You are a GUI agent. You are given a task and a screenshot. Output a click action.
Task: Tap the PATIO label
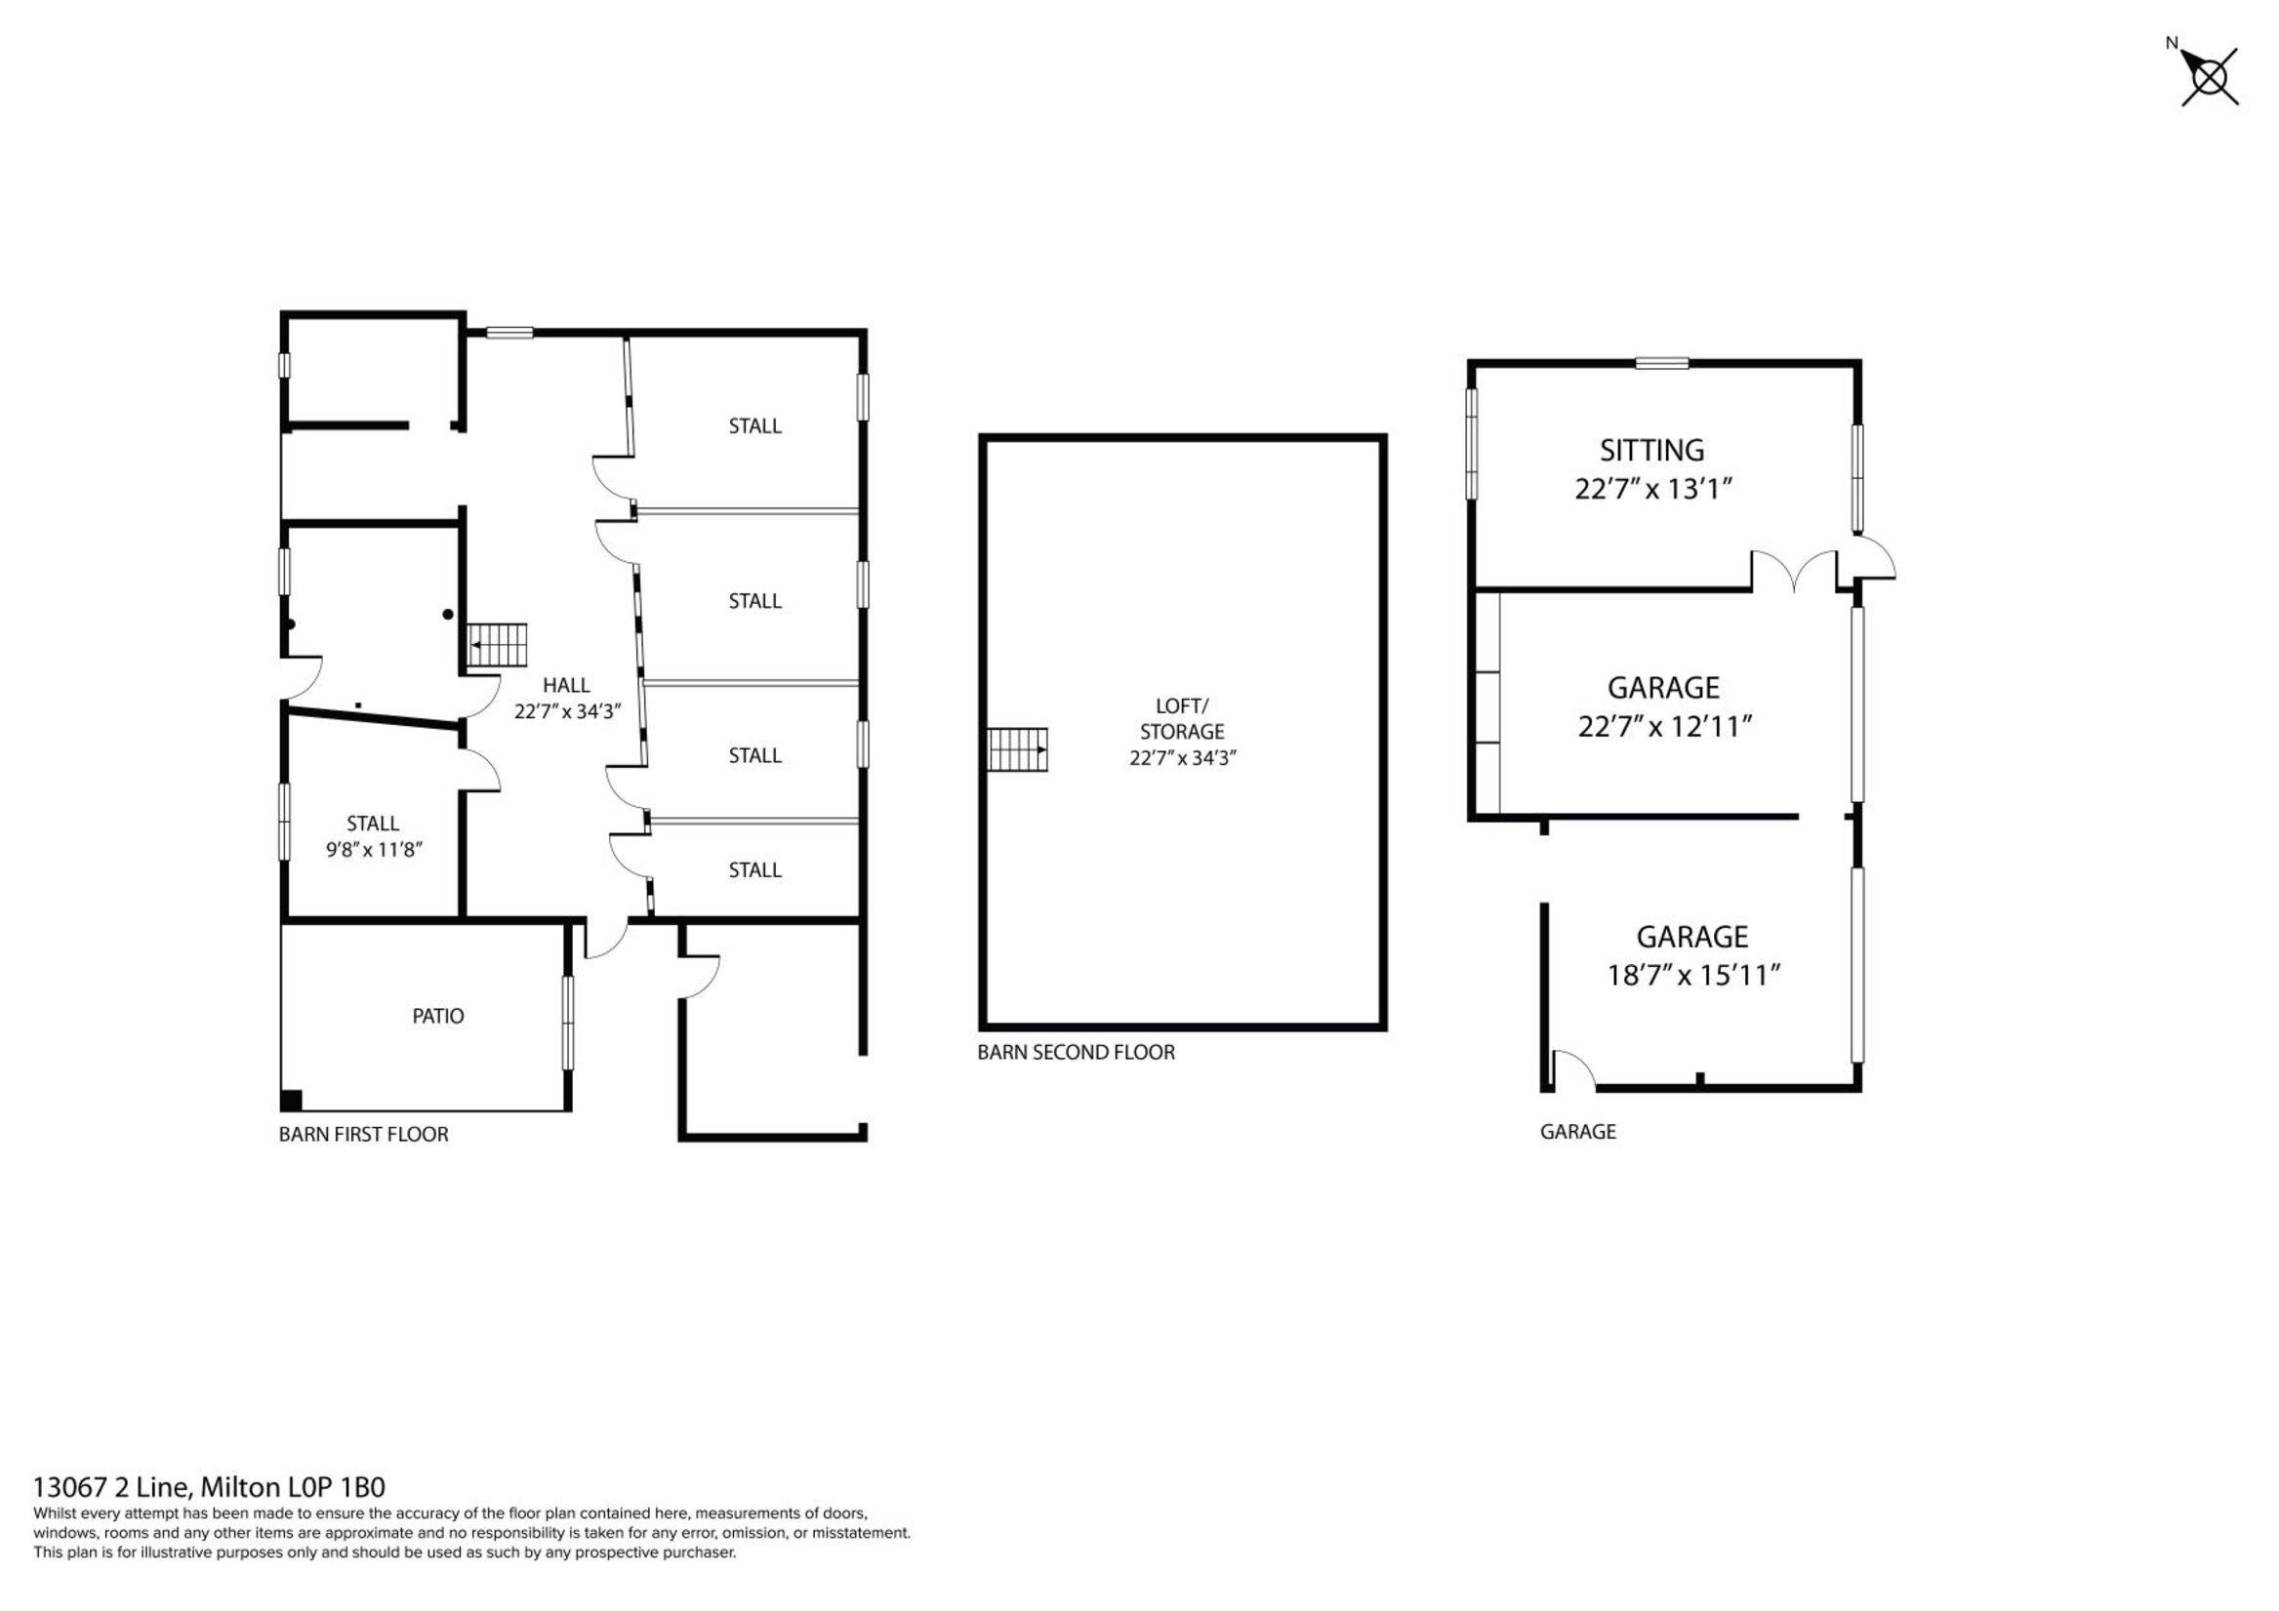coord(437,1016)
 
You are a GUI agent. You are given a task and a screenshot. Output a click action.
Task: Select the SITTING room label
coord(1651,450)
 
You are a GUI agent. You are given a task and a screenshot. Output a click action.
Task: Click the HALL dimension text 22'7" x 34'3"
coord(567,710)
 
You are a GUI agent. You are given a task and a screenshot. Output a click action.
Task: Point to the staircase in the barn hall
coord(498,645)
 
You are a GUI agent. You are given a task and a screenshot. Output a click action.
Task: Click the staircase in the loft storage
coord(1017,749)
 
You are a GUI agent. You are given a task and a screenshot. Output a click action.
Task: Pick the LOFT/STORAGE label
coord(1181,718)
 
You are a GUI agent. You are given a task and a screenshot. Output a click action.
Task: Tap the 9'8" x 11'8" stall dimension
coord(374,850)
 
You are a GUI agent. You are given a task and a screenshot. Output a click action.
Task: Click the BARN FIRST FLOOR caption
coord(363,1134)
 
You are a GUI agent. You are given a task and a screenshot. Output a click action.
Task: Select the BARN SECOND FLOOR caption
coord(1076,1052)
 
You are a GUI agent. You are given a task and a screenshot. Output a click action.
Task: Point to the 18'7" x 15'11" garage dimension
coord(1693,976)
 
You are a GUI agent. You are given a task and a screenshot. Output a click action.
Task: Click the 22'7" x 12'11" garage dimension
coord(1663,727)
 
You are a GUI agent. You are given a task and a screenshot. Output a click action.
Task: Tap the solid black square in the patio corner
coord(291,1100)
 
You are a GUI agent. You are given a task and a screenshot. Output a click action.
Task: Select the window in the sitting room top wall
coord(1661,362)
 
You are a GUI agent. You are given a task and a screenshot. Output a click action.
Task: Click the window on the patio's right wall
coord(568,1024)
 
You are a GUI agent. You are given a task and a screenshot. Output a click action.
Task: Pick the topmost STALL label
coord(754,425)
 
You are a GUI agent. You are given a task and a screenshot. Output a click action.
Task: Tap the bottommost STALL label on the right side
coord(754,869)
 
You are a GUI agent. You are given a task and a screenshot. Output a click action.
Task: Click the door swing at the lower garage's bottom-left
coord(1571,1070)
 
